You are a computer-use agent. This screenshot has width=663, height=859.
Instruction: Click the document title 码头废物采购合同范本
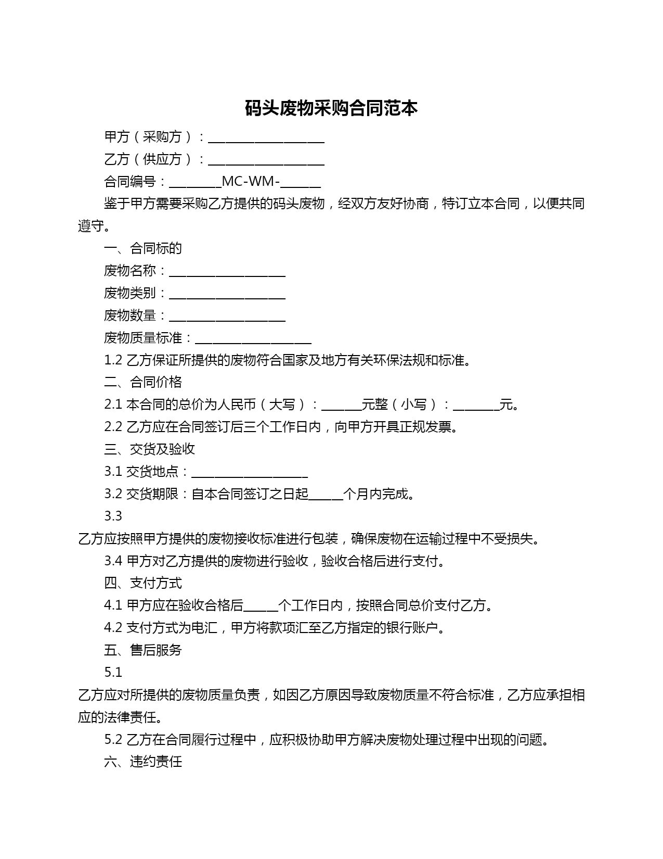point(331,109)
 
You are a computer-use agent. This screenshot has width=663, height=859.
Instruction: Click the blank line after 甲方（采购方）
point(266,138)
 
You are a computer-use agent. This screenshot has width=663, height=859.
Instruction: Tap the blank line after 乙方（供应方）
point(266,161)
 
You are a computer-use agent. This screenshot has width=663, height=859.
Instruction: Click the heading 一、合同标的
point(143,248)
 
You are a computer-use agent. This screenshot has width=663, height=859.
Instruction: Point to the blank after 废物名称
point(227,272)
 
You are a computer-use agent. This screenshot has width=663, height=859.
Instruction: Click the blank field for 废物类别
point(227,295)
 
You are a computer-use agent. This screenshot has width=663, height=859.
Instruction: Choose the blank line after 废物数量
point(227,317)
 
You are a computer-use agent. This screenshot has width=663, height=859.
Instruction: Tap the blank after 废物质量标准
point(253,339)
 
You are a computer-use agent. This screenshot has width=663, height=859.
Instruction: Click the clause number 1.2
point(113,360)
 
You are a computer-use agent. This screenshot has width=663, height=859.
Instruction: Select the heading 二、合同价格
point(143,383)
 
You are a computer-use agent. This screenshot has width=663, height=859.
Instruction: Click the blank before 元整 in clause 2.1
point(342,406)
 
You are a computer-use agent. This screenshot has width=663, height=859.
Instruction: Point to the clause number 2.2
point(113,427)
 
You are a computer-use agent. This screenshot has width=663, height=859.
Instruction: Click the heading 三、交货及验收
point(149,449)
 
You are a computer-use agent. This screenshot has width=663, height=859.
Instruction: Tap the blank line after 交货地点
point(250,473)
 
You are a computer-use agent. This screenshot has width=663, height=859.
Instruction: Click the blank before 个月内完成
point(326,496)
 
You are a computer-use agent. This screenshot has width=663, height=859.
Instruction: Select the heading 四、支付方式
point(143,584)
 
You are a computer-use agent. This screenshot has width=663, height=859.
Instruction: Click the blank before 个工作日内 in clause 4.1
point(261,607)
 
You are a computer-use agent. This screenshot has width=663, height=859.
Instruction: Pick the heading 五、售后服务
point(143,650)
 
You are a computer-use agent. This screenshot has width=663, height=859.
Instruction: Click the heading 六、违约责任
point(143,762)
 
